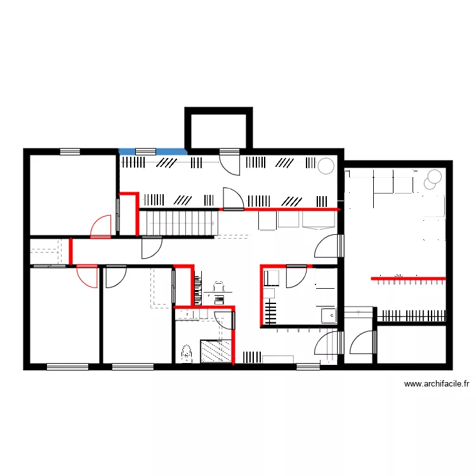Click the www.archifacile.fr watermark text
[x=436, y=384]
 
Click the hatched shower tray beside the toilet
[x=216, y=351]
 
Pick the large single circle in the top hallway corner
[x=326, y=166]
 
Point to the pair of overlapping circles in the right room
[x=433, y=178]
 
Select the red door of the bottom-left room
[x=86, y=276]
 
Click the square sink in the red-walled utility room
[x=328, y=314]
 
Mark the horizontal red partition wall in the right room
[x=409, y=277]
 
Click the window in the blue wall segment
[x=145, y=151]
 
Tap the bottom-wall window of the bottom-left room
[x=67, y=366]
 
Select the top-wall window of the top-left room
[x=70, y=151]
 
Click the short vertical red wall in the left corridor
[x=71, y=250]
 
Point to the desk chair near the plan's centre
[x=218, y=287]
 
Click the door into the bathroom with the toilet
[x=224, y=319]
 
